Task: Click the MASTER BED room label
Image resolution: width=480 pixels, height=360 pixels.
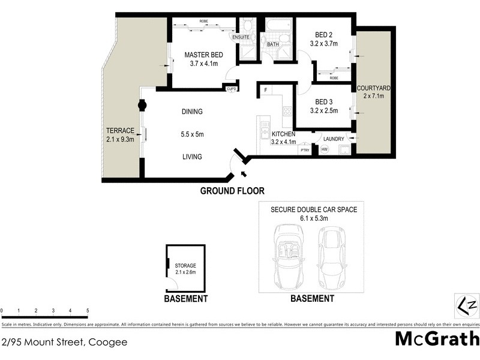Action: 203,55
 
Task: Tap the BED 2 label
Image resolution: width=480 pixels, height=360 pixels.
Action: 323,35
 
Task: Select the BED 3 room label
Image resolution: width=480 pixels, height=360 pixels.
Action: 323,102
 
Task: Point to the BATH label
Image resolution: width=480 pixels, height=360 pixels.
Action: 273,44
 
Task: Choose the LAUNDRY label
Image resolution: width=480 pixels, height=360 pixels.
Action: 334,139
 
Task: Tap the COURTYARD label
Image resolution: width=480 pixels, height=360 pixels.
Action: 373,89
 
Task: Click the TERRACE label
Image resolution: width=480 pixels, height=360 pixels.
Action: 120,131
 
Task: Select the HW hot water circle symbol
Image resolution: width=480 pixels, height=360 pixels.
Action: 325,149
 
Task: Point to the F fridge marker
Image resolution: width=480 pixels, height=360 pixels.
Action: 265,90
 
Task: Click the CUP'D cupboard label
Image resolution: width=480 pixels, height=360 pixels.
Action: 231,89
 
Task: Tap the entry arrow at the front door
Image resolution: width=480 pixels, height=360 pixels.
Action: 242,175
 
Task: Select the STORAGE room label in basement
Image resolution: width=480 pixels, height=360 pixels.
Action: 185,265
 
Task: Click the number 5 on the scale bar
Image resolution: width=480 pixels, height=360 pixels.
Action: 88,310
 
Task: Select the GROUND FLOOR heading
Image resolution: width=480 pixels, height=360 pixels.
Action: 232,191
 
